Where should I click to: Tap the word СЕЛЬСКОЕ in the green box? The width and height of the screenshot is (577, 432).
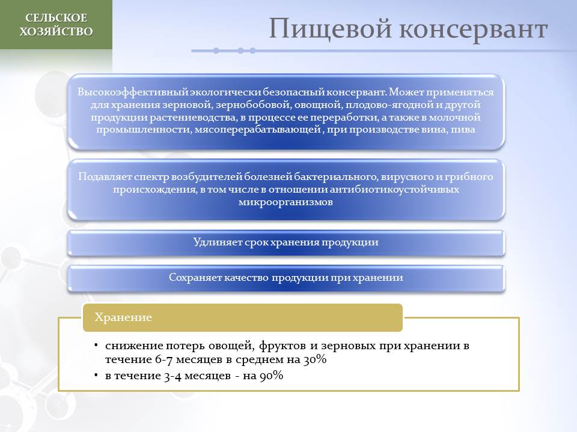56,17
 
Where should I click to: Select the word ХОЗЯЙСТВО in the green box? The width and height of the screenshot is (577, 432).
56,32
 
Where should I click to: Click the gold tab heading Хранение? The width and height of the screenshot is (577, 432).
123,317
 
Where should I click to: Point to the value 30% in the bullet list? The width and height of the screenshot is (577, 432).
315,359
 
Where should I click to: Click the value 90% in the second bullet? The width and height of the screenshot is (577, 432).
272,376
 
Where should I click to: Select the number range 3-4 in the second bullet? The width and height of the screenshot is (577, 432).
172,376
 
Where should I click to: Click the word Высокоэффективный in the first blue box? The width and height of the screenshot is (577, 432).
132,92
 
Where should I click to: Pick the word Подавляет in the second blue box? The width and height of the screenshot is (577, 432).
105,176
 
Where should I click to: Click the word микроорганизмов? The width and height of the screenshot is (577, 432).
285,202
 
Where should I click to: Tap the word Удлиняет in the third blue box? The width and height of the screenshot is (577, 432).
217,242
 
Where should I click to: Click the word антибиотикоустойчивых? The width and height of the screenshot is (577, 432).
394,189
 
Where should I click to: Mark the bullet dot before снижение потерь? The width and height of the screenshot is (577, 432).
96,345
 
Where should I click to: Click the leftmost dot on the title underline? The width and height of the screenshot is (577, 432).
216,50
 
